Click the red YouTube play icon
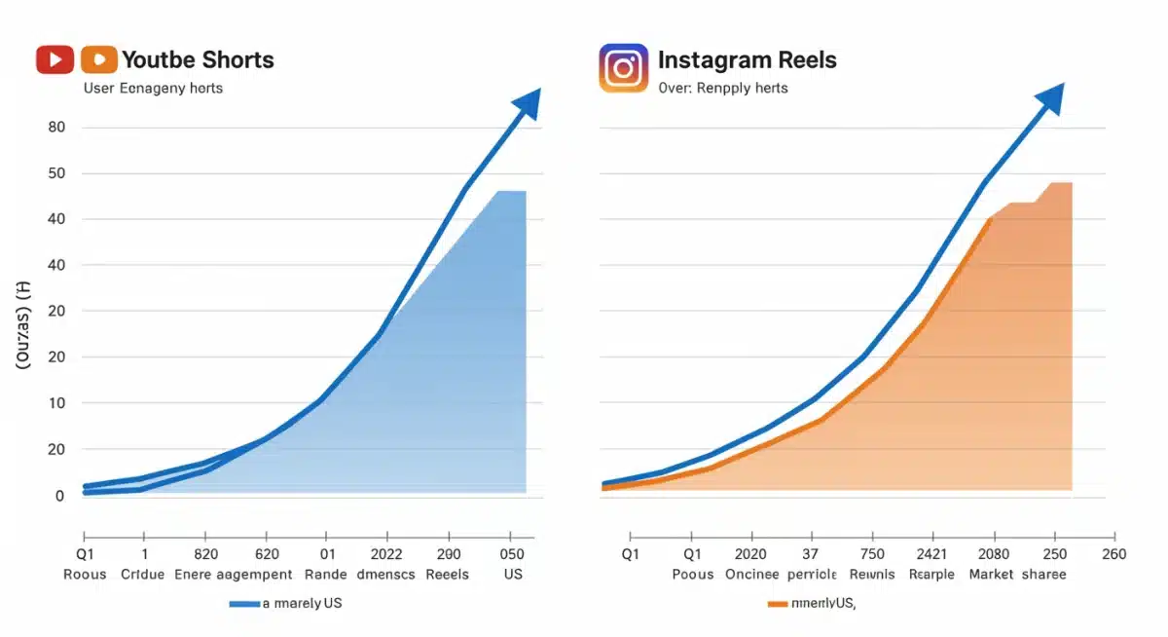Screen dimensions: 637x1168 click(55, 59)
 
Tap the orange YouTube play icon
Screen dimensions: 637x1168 click(99, 59)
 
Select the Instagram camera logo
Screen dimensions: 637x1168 click(623, 67)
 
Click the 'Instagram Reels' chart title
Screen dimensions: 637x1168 click(747, 59)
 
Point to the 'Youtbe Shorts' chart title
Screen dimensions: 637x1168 click(198, 59)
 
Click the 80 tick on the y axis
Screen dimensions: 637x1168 click(55, 128)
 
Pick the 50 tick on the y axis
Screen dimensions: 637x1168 click(55, 173)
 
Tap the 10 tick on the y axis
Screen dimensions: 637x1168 click(55, 403)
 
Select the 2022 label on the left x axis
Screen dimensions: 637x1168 click(386, 554)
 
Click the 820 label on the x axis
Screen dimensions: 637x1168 click(205, 554)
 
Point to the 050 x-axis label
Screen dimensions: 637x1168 click(512, 554)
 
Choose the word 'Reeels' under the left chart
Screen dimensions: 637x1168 click(448, 574)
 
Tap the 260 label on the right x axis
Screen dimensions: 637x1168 click(1113, 554)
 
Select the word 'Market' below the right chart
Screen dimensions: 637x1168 click(992, 574)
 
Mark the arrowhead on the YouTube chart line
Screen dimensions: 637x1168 click(528, 101)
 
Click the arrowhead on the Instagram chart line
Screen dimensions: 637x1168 click(1050, 97)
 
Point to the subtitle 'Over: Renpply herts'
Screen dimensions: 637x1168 click(722, 88)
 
